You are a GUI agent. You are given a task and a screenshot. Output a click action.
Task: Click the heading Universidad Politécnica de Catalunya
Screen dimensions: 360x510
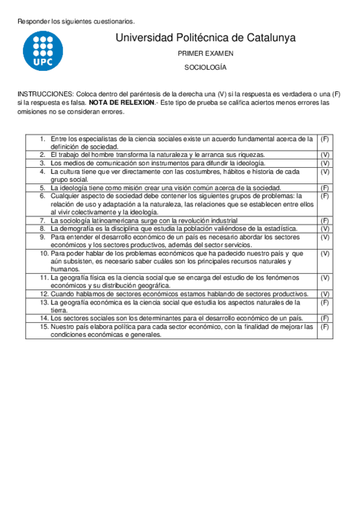(x=205, y=38)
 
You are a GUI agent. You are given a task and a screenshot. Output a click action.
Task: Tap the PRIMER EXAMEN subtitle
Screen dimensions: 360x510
(x=206, y=54)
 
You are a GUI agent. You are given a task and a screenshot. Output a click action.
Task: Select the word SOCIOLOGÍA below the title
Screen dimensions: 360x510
(x=206, y=67)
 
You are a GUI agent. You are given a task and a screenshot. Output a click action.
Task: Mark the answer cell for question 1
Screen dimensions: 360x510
(x=325, y=139)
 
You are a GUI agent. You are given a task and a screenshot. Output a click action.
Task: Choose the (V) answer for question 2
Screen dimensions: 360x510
(x=325, y=155)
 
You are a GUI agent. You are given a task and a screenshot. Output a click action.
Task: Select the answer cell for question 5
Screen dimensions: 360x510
(x=325, y=188)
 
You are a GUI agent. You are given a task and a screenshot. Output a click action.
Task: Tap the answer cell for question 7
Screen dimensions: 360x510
(x=325, y=221)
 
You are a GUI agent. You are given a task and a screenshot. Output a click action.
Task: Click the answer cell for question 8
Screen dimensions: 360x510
(x=325, y=229)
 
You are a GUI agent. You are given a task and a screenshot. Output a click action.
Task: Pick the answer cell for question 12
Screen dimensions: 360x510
(x=325, y=294)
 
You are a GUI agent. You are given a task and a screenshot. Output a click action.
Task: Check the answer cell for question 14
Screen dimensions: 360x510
(x=325, y=318)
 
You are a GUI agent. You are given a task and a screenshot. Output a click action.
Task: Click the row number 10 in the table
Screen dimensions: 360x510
(x=44, y=253)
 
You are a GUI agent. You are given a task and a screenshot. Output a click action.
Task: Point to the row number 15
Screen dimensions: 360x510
(x=44, y=327)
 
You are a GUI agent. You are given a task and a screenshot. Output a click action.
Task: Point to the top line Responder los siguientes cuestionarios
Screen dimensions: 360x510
(x=76, y=22)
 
